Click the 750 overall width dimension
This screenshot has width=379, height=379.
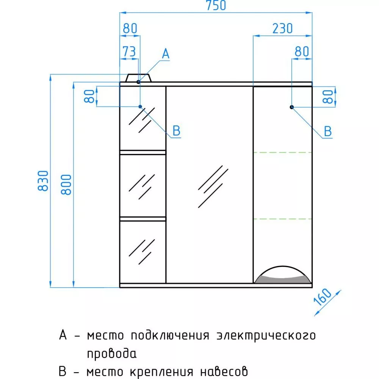[216, 5]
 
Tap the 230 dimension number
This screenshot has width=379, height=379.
[282, 28]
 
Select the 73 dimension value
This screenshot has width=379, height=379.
[129, 51]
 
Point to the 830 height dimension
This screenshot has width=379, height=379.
[44, 181]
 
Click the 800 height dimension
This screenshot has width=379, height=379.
[66, 185]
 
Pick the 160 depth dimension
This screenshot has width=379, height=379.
[323, 297]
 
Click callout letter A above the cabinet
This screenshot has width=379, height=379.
[166, 53]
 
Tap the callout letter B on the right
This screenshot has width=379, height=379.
[328, 132]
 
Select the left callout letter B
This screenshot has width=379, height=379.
[177, 131]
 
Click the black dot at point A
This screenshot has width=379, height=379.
[138, 82]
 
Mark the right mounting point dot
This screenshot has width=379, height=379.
[292, 107]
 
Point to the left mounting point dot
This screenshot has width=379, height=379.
[140, 106]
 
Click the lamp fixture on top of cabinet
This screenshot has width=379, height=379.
[138, 78]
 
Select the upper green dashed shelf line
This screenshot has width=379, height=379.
[283, 152]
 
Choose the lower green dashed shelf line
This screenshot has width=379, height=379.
[283, 219]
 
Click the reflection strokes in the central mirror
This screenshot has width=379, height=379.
[213, 186]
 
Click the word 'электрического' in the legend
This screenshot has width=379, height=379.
[266, 335]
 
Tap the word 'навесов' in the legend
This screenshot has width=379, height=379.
[224, 371]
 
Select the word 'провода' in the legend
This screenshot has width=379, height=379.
[112, 353]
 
